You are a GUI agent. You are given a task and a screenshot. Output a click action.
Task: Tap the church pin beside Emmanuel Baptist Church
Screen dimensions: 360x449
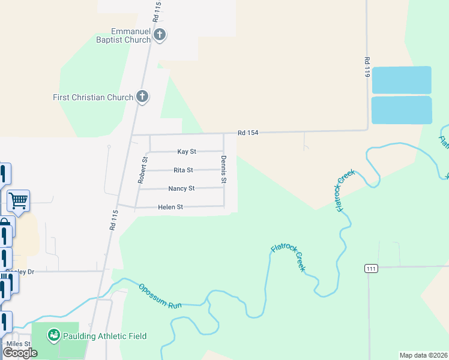point(160,35)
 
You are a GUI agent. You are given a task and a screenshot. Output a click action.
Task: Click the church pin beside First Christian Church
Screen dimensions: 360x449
point(142,96)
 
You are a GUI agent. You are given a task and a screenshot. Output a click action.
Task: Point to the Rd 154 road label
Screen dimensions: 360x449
point(247,133)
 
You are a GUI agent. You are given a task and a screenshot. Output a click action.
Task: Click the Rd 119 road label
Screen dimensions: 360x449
point(366,67)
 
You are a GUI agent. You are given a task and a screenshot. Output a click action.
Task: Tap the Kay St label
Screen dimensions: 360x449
point(187,152)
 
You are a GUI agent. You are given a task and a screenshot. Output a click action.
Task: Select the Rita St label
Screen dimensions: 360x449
point(183,170)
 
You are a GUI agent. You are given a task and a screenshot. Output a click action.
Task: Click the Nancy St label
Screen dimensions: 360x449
point(181,188)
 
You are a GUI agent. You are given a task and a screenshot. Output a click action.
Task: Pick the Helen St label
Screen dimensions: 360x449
point(170,207)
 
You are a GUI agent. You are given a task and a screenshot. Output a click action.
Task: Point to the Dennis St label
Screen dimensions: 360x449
point(224,169)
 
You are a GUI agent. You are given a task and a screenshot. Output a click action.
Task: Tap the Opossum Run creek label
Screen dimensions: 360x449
point(160,296)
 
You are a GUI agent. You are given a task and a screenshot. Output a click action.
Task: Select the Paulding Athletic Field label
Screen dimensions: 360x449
point(106,336)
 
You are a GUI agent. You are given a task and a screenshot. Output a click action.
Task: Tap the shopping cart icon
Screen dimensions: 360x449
point(18,200)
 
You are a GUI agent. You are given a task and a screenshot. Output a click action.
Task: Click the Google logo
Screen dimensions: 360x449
point(20,352)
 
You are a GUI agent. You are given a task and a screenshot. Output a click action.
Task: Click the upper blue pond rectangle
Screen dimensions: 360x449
point(402,80)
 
